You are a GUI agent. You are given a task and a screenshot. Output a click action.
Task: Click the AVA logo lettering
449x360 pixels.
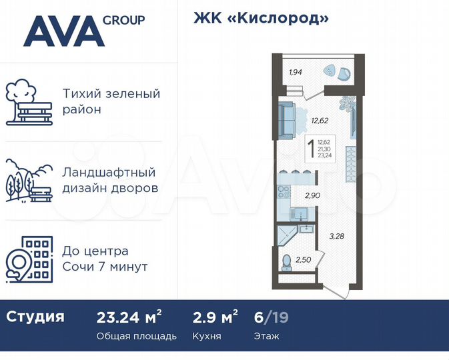click(x=63, y=31)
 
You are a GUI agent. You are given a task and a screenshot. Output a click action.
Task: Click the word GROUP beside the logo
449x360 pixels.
click(x=124, y=20)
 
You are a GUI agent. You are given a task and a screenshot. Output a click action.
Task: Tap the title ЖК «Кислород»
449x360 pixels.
click(x=261, y=18)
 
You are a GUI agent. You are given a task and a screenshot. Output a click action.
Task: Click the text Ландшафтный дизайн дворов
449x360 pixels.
click(x=110, y=180)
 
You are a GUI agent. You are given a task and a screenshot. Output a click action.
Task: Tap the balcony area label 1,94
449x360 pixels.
click(x=296, y=72)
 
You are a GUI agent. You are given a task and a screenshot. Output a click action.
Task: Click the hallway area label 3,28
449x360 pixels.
click(x=336, y=235)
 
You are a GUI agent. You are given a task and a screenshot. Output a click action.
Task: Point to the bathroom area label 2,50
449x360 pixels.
click(x=304, y=259)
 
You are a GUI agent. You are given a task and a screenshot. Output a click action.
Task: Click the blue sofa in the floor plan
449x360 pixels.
click(x=287, y=121)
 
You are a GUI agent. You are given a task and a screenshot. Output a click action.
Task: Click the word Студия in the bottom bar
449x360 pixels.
click(x=35, y=317)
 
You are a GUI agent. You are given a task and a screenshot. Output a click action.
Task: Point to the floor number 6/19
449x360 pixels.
click(x=271, y=317)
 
